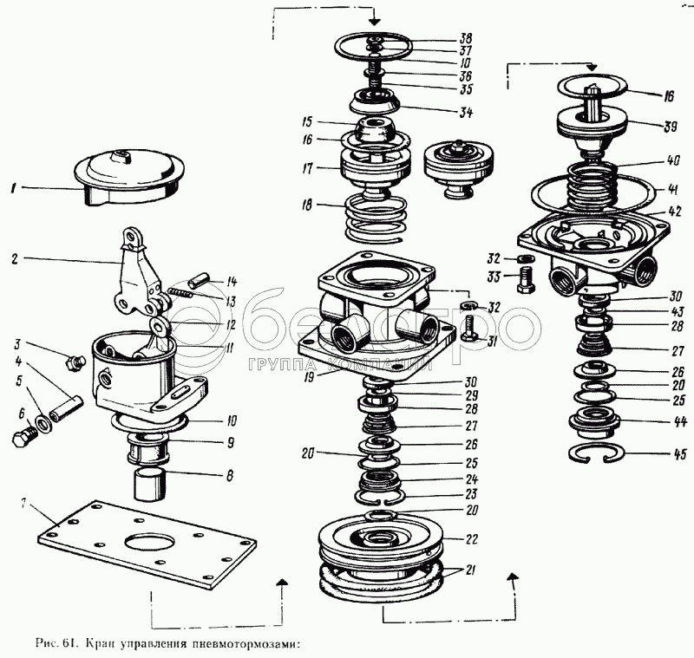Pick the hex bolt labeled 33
coord(523,281)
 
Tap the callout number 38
coord(468,39)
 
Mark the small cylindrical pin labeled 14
coord(197,281)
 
